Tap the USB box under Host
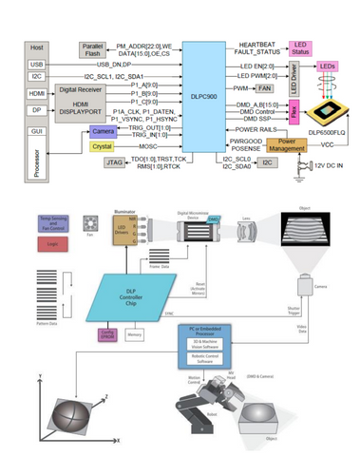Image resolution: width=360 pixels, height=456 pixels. [x=37, y=65]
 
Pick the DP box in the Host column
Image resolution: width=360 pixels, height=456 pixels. [x=38, y=112]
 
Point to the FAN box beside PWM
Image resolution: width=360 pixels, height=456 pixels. [x=265, y=86]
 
